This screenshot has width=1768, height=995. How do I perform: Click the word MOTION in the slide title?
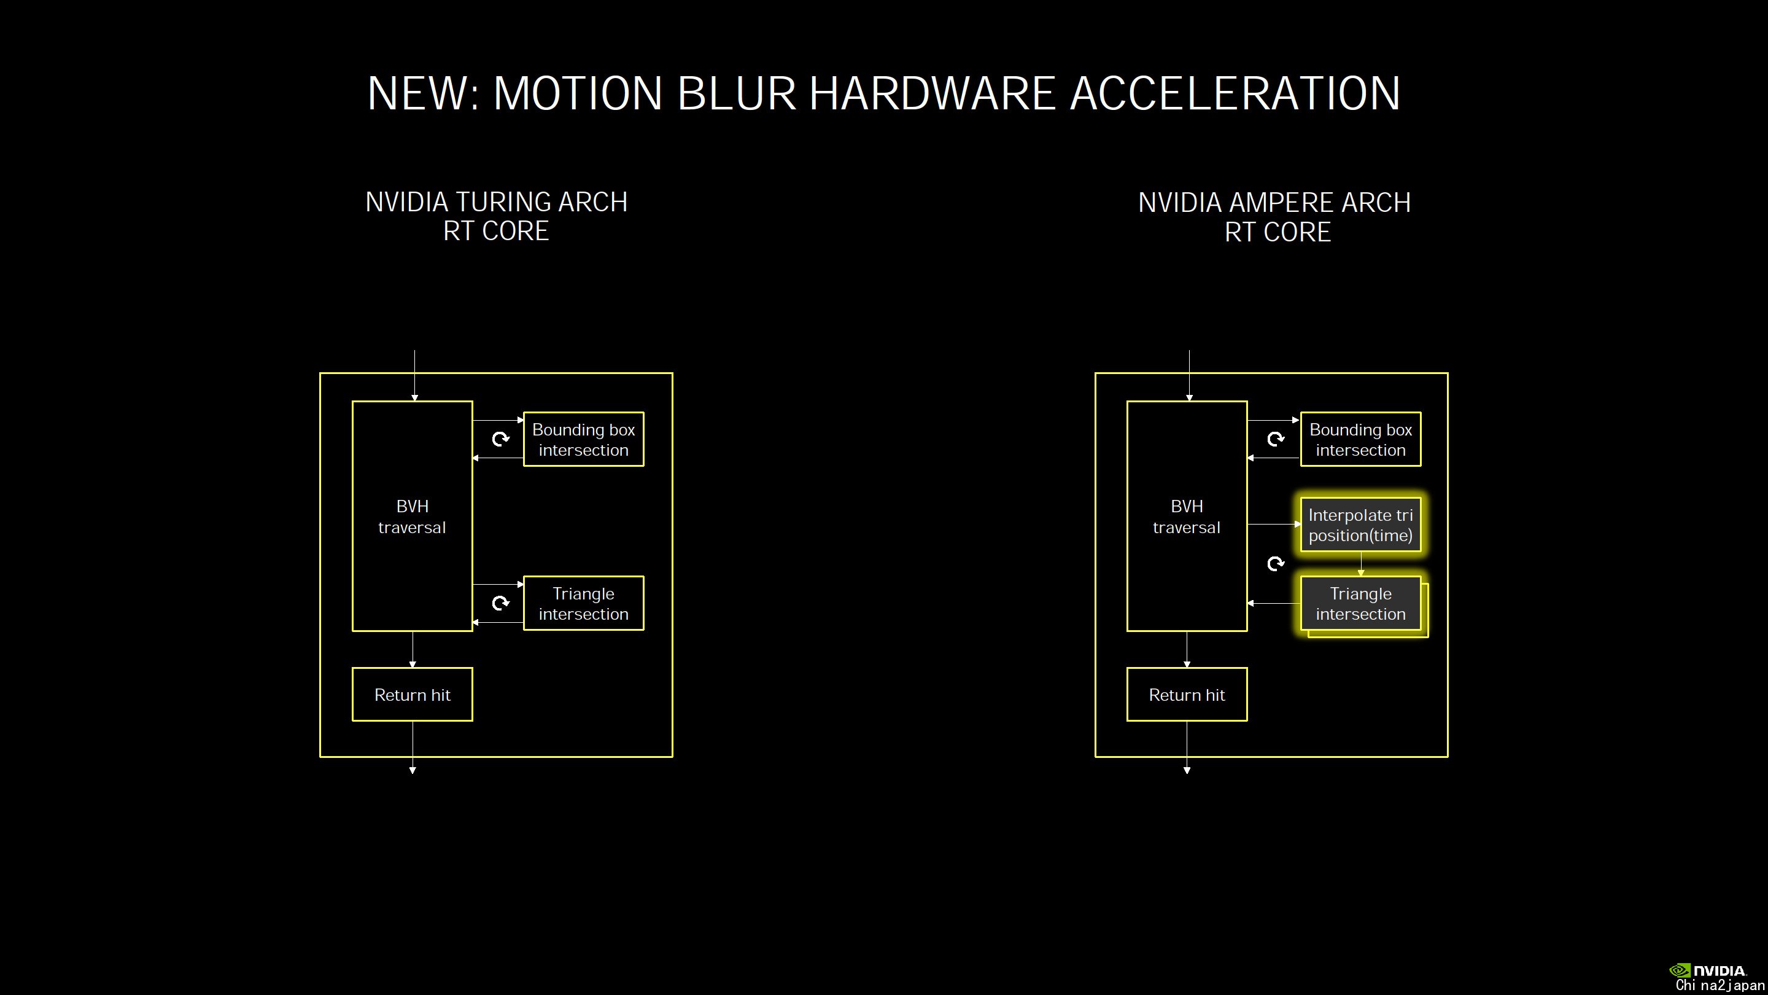coord(578,93)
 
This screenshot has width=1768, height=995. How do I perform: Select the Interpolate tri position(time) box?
coord(1360,525)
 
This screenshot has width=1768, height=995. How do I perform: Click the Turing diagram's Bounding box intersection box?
coord(583,440)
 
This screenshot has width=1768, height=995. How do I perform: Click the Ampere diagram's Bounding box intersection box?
coord(1360,440)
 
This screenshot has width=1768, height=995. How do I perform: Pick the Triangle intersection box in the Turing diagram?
coord(583,604)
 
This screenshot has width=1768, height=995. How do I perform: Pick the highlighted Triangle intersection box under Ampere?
coord(1360,604)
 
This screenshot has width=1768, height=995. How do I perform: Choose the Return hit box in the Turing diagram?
coord(413,694)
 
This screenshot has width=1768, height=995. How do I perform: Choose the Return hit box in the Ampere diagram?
coord(1187,694)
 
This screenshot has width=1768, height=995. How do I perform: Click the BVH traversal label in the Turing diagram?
coord(412,517)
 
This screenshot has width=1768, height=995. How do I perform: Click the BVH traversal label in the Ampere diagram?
coord(1187,517)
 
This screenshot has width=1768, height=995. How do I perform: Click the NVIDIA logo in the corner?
coord(1708,970)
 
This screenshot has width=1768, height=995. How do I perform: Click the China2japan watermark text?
coord(1720,985)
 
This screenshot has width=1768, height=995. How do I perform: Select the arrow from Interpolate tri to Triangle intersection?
coord(1361,564)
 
